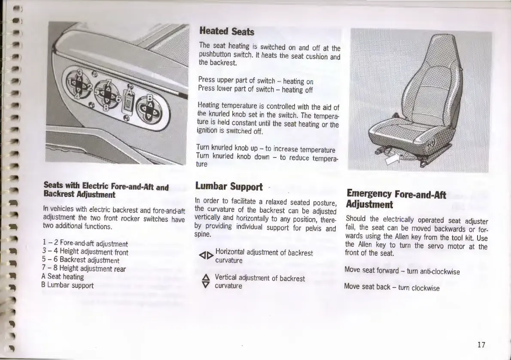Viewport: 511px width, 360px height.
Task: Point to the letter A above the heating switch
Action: click(130, 91)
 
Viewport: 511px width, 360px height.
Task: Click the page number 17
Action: click(481, 345)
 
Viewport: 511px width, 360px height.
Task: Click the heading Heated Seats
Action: click(226, 31)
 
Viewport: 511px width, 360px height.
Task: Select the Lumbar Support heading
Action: click(228, 186)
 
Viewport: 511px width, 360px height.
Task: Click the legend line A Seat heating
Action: click(63, 277)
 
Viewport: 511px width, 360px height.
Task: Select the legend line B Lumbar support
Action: click(67, 285)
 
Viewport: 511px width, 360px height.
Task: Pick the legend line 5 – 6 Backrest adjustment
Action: click(81, 260)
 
